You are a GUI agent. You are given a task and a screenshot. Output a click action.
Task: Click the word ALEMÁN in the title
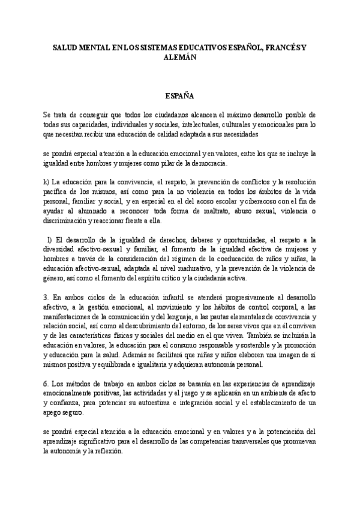[x=180, y=59]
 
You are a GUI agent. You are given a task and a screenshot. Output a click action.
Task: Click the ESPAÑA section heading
[x=180, y=95]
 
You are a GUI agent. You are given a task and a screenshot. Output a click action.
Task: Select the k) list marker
[x=46, y=182]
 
